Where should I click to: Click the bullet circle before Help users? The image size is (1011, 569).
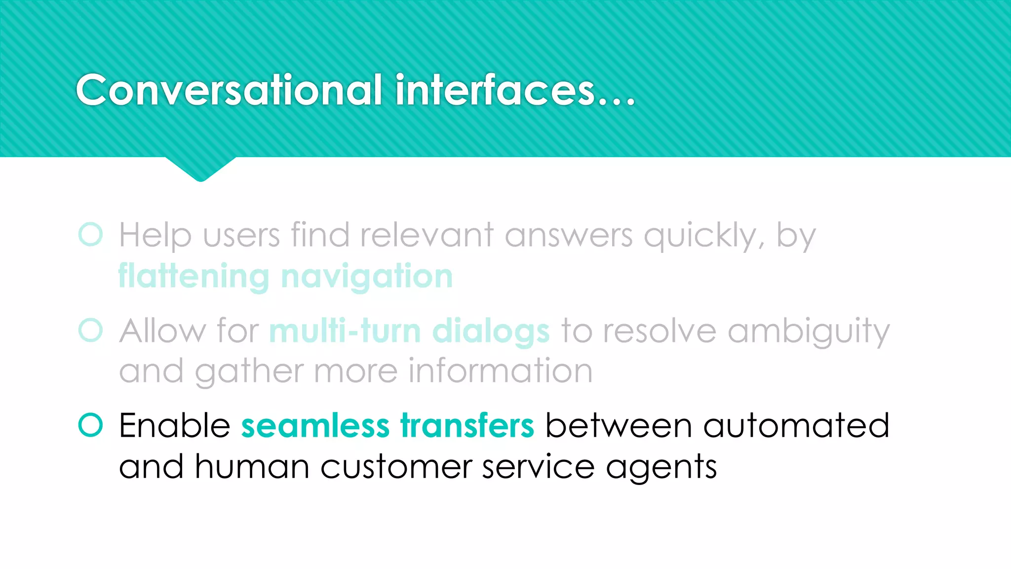coord(90,234)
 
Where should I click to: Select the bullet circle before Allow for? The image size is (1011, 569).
coord(90,330)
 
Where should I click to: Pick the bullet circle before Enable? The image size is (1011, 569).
coord(90,425)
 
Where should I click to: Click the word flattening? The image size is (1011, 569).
coord(194,276)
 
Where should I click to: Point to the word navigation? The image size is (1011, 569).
coord(366,276)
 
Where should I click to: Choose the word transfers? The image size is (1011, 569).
coord(467,425)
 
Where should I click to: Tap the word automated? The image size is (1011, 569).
coord(796,425)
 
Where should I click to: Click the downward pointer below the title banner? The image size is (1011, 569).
coord(200,169)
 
